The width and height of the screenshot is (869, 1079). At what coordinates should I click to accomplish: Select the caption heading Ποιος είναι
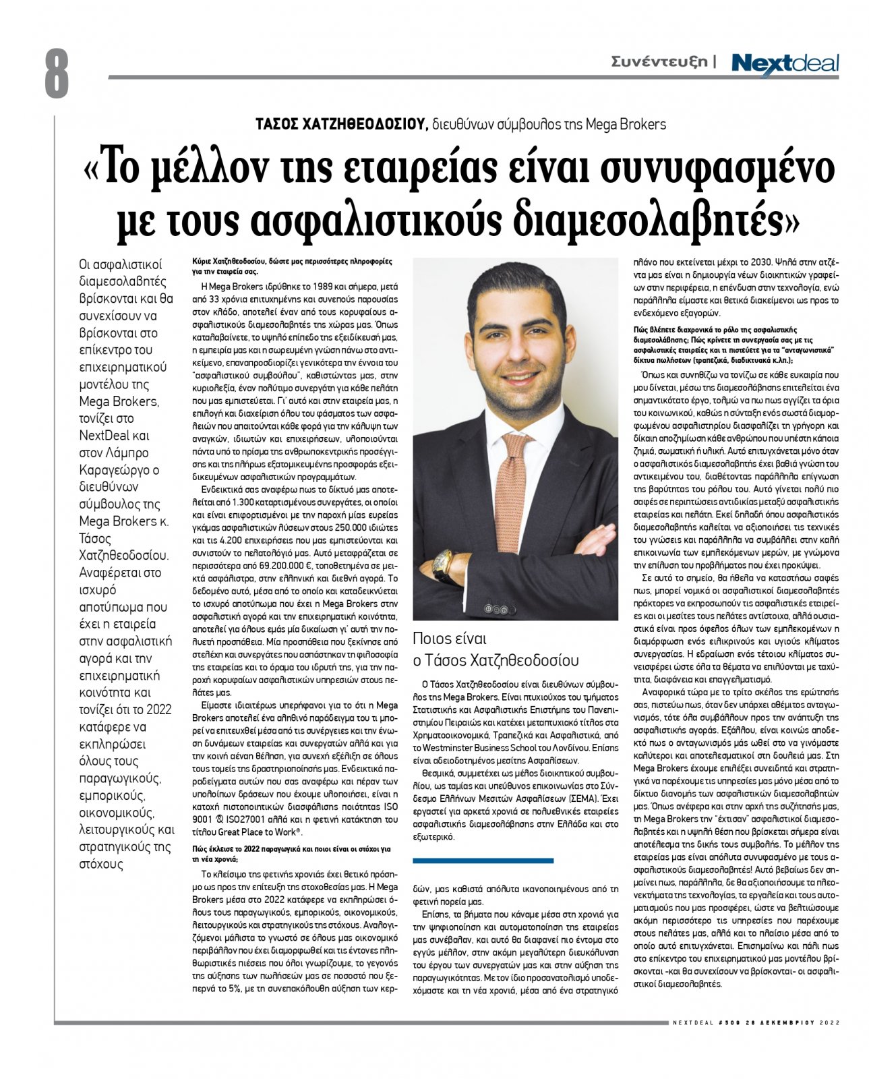[x=450, y=639]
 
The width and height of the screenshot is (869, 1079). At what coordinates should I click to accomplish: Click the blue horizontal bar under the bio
[x=483, y=861]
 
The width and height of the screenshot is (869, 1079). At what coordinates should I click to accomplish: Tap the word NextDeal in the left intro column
[x=104, y=435]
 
